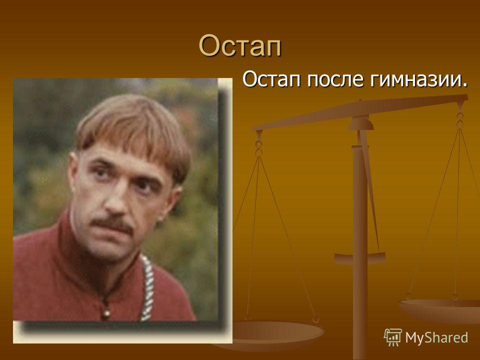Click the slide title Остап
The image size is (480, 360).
240,45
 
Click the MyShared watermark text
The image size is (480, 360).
436,337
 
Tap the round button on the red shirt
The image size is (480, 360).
106,313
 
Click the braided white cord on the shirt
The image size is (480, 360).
148,288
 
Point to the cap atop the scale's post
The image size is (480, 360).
360,123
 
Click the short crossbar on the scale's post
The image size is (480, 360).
359,258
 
